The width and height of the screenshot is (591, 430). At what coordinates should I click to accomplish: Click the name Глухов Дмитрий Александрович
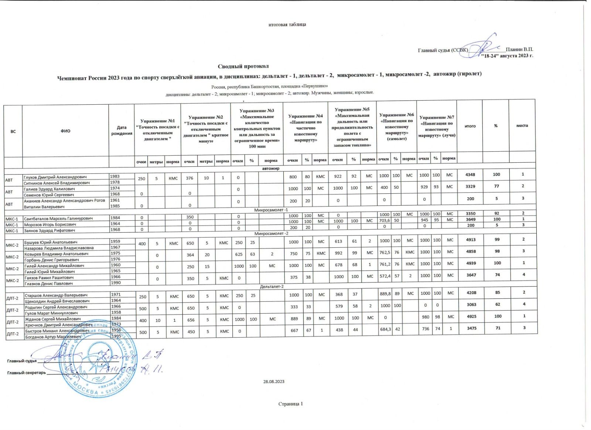(55, 177)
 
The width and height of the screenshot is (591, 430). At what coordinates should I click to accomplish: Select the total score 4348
(470, 175)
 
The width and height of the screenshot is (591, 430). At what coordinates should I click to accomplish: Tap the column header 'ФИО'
(65, 131)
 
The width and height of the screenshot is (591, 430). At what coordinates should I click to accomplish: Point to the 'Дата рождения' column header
(122, 131)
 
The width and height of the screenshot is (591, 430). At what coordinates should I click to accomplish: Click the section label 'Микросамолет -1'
(271, 210)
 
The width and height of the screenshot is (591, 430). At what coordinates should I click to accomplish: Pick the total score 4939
(471, 263)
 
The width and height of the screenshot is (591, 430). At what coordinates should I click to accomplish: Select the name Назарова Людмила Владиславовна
(59, 248)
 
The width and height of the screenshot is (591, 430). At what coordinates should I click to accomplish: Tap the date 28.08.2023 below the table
(273, 382)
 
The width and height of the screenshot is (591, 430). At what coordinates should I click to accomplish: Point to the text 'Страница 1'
(290, 404)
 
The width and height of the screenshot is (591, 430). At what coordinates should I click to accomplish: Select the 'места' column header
(522, 125)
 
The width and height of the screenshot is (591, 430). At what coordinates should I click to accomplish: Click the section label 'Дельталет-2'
(272, 287)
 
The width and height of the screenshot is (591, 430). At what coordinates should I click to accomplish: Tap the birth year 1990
(116, 283)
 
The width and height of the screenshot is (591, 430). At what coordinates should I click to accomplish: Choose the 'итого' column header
(470, 126)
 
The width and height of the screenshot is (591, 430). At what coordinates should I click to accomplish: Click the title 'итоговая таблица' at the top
(287, 24)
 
